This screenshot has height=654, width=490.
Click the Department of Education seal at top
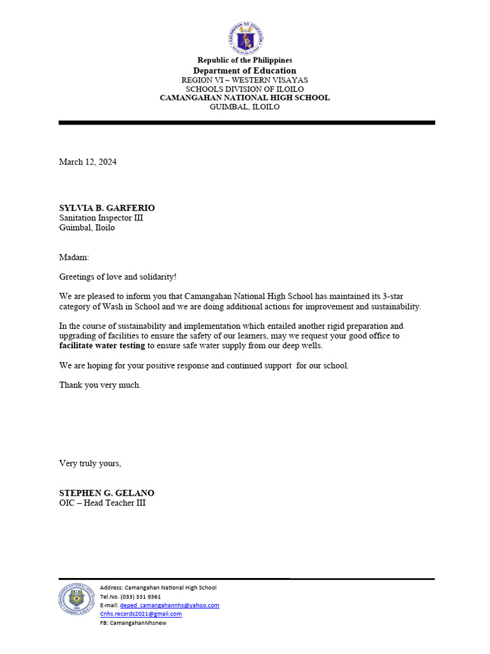coord(245,39)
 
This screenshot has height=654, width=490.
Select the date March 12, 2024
coord(88,162)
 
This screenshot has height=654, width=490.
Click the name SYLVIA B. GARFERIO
coord(107,208)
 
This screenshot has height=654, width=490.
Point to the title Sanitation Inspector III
coord(101,218)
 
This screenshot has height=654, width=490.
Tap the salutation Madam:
coord(75,257)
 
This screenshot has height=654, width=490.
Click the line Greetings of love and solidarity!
coord(118,277)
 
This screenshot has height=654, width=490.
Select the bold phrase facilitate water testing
coord(102,346)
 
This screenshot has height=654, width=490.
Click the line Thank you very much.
coord(100,385)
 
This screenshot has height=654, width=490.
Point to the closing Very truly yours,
coord(90,463)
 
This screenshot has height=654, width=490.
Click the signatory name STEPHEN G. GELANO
coord(107,493)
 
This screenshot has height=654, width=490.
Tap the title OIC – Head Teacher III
coord(102,503)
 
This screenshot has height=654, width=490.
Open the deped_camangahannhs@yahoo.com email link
coord(170,605)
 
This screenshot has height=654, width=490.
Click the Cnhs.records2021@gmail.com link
coord(141,614)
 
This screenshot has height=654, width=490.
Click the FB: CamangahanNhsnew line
coord(133,623)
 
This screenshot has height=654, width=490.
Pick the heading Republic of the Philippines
coord(245,60)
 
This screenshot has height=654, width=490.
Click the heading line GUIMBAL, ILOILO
coord(245,107)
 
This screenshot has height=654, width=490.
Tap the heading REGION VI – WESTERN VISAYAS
coord(245,80)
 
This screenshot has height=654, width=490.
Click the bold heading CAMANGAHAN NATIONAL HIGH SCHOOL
coord(245,98)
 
